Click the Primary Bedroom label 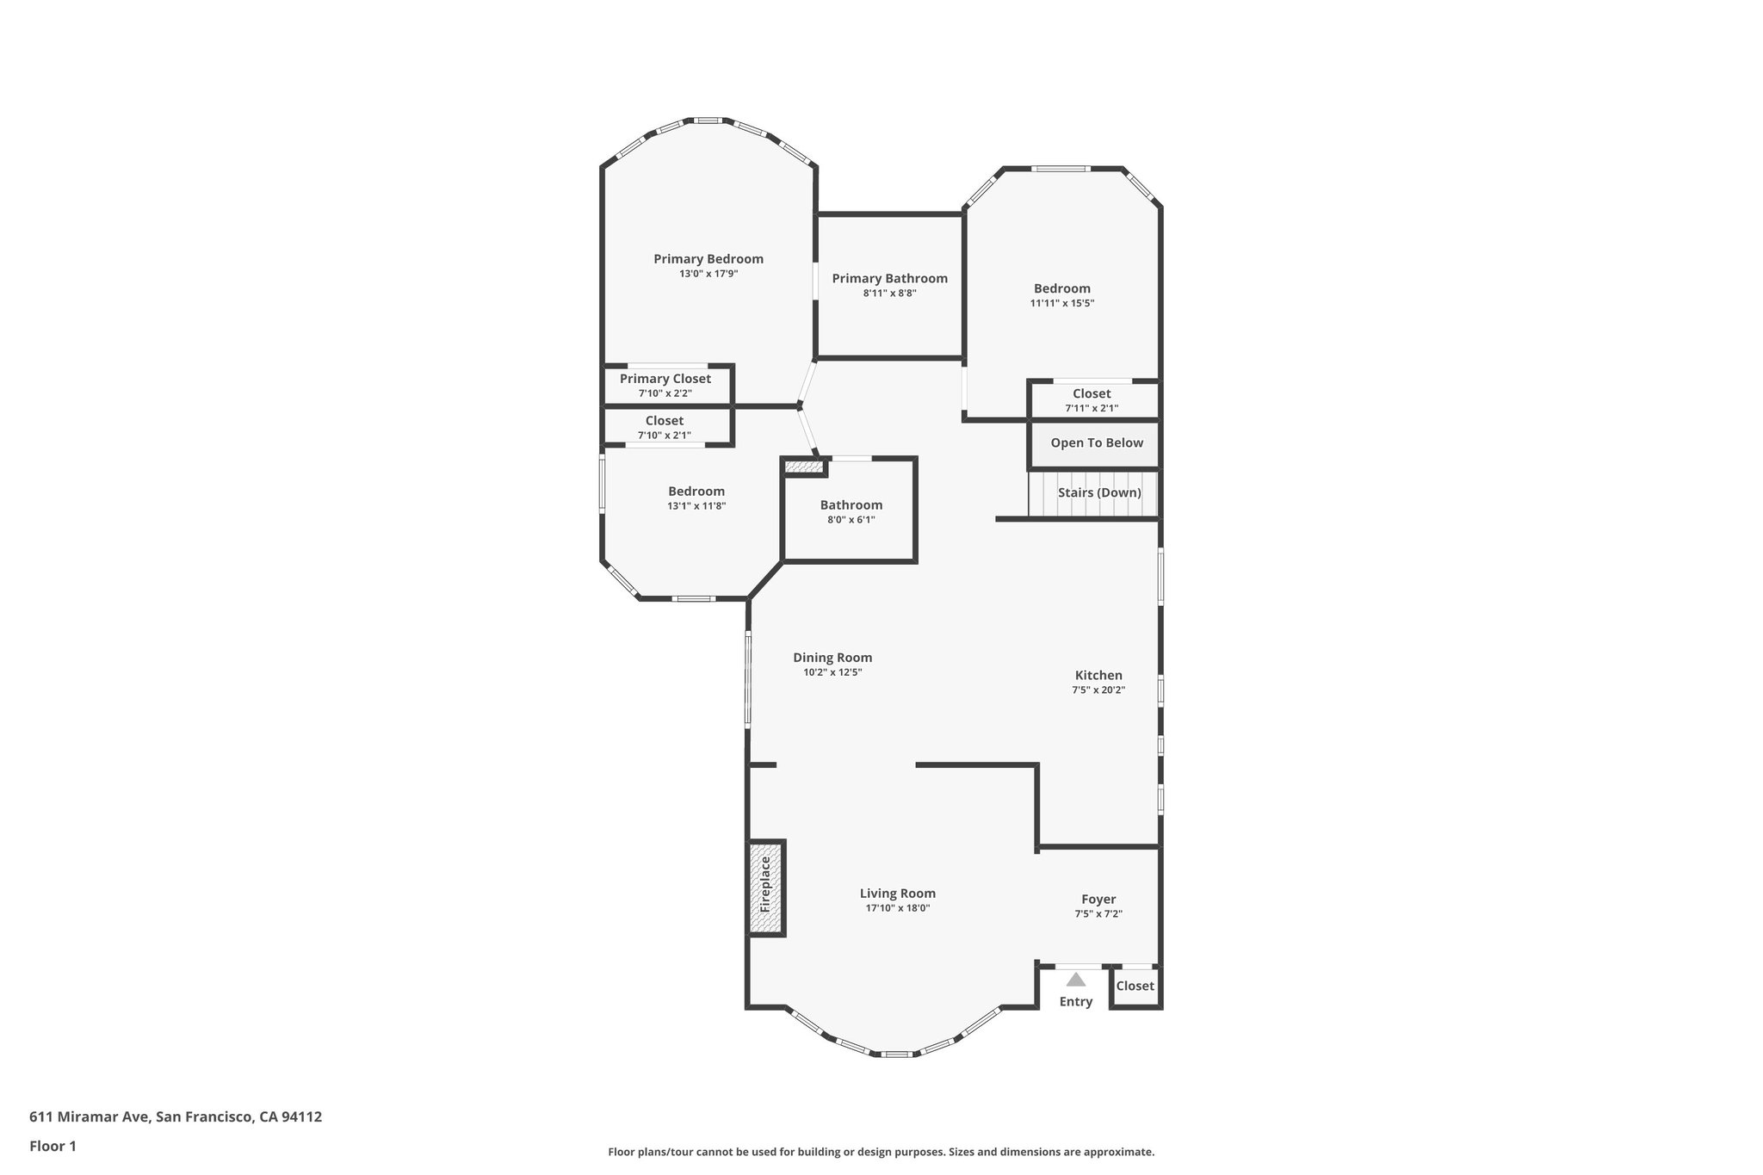click(708, 259)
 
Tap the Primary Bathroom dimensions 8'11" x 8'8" click(890, 294)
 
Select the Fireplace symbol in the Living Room click(766, 888)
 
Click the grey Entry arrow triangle click(1076, 979)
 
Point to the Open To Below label click(1097, 443)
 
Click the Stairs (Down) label click(1099, 493)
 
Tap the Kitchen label click(1098, 676)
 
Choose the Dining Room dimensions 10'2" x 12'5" click(832, 673)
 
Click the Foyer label click(1098, 900)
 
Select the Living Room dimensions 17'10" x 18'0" click(898, 908)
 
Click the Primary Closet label click(665, 379)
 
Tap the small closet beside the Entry click(1135, 986)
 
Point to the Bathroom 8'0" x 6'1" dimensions click(851, 520)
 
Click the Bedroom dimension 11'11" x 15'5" click(1062, 304)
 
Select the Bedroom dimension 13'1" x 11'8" click(696, 507)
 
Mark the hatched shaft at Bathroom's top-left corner click(804, 467)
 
